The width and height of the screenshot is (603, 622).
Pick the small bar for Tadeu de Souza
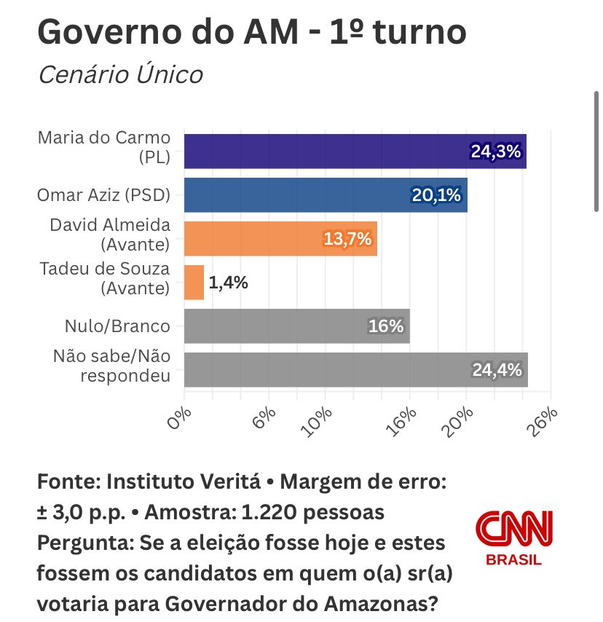(x=194, y=282)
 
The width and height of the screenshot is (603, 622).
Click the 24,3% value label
(x=496, y=151)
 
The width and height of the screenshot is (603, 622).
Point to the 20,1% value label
(x=437, y=195)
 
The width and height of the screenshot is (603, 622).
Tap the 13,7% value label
(x=347, y=238)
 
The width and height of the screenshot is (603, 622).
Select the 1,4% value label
(x=229, y=283)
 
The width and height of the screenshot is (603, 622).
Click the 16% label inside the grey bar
(x=386, y=326)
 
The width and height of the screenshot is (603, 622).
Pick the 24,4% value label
(x=497, y=370)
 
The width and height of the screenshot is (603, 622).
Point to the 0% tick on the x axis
(x=180, y=418)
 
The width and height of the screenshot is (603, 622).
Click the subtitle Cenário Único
(x=120, y=74)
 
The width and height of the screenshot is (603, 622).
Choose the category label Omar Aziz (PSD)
(x=103, y=194)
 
